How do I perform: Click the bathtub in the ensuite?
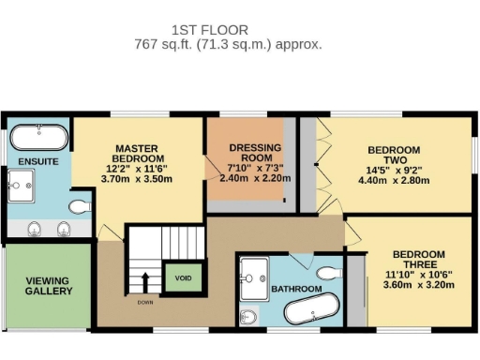[37, 141]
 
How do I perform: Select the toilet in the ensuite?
[81, 205]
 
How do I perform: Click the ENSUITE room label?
[37, 162]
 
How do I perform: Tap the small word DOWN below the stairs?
[145, 303]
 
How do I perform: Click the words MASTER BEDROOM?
[140, 153]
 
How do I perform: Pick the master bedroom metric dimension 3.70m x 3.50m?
[140, 178]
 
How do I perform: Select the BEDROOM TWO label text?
[393, 155]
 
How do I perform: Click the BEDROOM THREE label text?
[418, 260]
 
